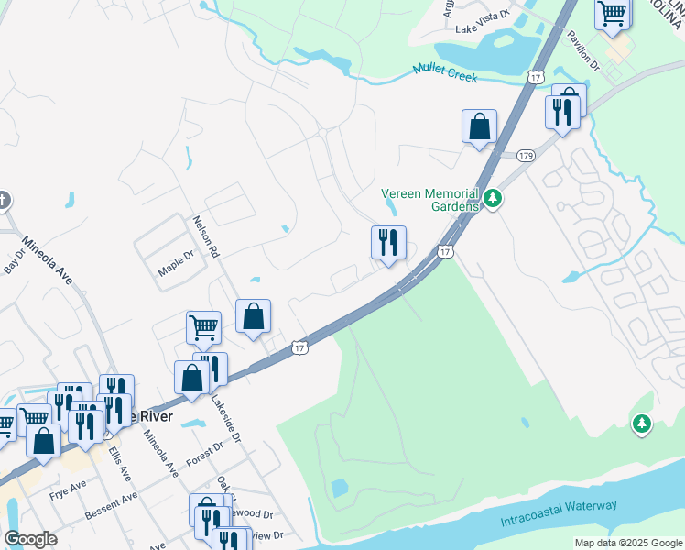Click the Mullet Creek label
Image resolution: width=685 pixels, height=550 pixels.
[x=445, y=73]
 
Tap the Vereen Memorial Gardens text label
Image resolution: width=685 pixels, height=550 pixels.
[x=429, y=200]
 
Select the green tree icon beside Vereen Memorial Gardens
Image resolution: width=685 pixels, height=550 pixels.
[x=493, y=198]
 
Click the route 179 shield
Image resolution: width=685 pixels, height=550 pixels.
[x=525, y=157]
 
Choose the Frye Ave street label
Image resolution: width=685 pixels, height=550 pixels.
[x=67, y=483]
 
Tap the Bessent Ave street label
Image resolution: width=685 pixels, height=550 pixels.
[x=110, y=504]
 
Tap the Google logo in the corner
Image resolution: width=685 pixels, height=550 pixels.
[x=30, y=538]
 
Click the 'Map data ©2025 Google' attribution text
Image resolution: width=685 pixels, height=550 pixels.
[x=628, y=543]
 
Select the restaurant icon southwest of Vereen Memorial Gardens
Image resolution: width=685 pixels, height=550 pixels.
[x=388, y=244]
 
